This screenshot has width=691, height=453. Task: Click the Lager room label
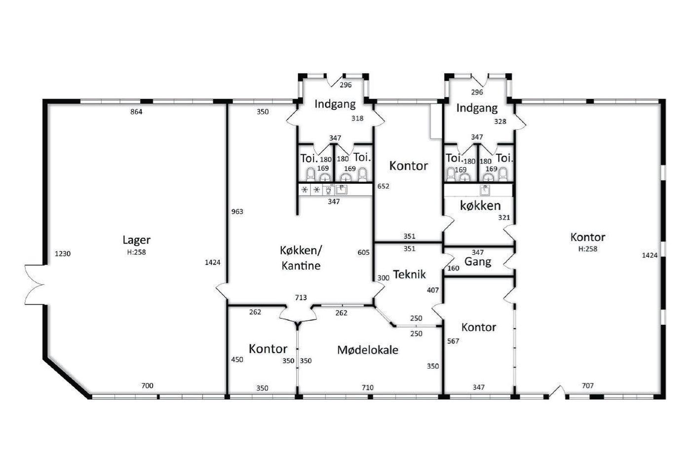(136, 241)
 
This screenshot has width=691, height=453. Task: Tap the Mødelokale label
(368, 350)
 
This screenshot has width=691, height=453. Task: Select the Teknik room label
(409, 274)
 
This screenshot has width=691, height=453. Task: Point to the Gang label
(478, 262)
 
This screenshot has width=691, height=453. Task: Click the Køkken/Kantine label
(301, 258)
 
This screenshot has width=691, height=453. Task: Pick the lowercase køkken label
(480, 206)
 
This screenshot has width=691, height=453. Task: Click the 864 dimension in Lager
(136, 112)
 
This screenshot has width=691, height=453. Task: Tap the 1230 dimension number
(63, 254)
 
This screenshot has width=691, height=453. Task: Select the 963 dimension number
(237, 211)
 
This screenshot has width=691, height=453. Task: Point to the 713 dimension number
(301, 297)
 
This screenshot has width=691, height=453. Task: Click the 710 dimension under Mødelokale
(368, 387)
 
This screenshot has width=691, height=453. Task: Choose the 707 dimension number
(588, 385)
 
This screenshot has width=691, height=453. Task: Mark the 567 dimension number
(453, 341)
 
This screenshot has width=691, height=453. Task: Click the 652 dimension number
(383, 186)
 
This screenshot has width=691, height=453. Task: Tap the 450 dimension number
(237, 360)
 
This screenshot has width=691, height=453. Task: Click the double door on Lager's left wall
(35, 284)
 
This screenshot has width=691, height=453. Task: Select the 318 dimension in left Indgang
(357, 118)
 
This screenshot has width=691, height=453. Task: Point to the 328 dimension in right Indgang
(500, 121)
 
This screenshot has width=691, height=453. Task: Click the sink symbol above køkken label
(485, 190)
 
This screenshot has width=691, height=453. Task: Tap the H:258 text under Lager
(136, 252)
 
